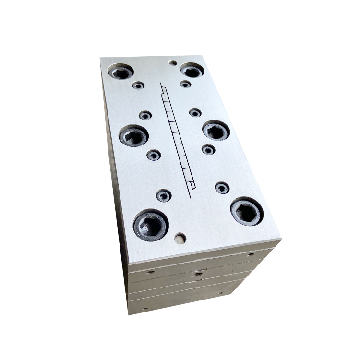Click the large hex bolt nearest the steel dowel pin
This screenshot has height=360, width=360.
[x=150, y=225]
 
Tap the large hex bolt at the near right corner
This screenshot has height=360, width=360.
[x=247, y=211]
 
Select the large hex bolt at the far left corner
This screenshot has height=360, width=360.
[x=120, y=72]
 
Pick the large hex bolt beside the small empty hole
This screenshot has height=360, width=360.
[x=192, y=71]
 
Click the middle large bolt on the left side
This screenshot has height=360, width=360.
[x=133, y=137]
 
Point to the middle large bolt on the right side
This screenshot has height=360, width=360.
[x=216, y=131]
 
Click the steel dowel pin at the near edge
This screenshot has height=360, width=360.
[x=180, y=238]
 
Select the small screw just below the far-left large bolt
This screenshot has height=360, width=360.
[x=139, y=85]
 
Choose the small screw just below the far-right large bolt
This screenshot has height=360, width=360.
[x=185, y=84]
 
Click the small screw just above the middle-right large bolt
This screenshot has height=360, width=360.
[x=195, y=113]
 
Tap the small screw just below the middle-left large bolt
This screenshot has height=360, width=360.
[x=153, y=155]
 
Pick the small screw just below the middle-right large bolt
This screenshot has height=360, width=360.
[x=208, y=150]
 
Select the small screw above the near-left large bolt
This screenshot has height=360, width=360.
[x=164, y=195]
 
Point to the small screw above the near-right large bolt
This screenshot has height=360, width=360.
[x=222, y=188]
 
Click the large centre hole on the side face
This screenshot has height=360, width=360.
[x=197, y=274]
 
